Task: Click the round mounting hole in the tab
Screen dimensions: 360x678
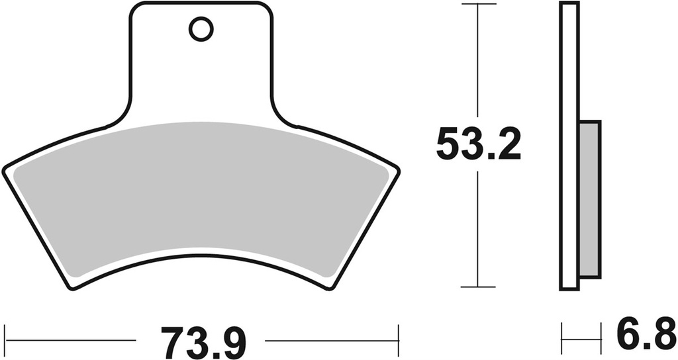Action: coord(201,28)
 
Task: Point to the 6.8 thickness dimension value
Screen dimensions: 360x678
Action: coord(643,336)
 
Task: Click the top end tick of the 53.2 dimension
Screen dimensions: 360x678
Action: coord(478,4)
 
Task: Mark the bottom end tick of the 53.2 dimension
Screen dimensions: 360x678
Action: coord(478,287)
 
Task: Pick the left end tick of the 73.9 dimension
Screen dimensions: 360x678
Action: coord(5,341)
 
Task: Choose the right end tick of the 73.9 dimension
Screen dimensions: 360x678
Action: coord(398,341)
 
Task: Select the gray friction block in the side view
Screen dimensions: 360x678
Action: coord(589,199)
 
